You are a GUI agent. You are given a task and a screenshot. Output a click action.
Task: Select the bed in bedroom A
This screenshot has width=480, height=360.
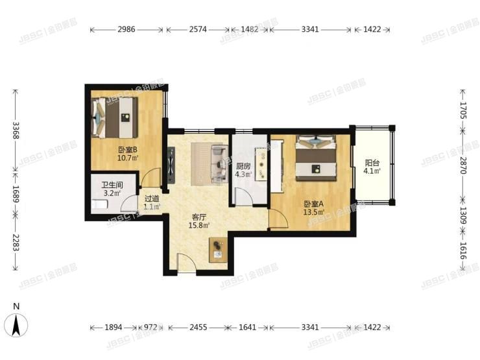coord(315,160)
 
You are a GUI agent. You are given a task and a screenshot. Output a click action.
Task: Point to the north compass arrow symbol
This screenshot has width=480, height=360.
coord(18,323)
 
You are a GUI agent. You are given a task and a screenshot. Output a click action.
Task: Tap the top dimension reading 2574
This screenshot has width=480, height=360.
coord(198,30)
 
